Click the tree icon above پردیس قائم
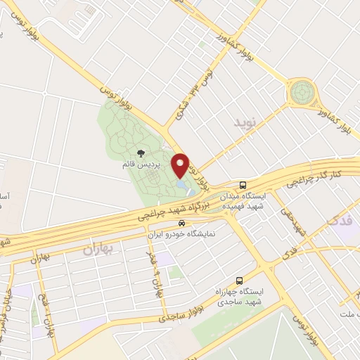(x=141, y=153)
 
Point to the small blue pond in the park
(x=182, y=186)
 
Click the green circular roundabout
(x=302, y=91)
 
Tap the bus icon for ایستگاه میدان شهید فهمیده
(x=243, y=184)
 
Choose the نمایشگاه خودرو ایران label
(x=184, y=235)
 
